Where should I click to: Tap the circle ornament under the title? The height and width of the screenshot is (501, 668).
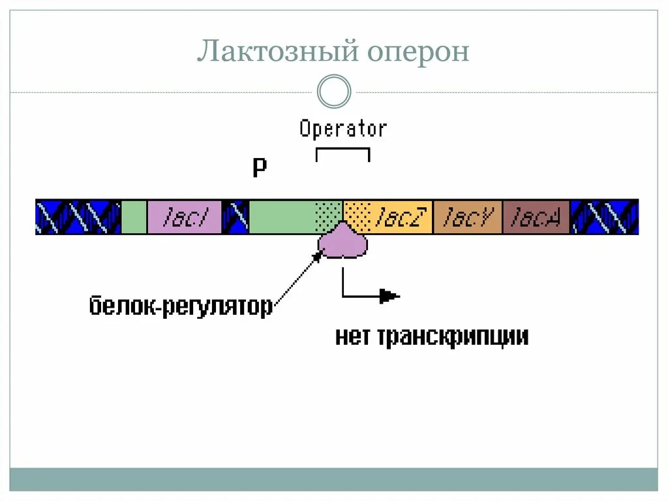[x=334, y=91]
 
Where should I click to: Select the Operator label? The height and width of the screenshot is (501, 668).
[x=343, y=129]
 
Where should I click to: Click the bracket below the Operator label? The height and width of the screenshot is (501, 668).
[x=343, y=150]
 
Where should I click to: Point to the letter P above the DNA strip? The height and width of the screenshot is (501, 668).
[x=260, y=168]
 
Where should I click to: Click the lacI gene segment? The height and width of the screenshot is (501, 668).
[x=185, y=217]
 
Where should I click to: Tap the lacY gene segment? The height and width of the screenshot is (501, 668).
[x=468, y=217]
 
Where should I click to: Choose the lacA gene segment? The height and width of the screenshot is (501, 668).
[x=536, y=217]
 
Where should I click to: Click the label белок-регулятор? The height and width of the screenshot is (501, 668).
[x=181, y=306]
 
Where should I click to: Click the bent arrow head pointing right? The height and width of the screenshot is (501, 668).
[x=390, y=296]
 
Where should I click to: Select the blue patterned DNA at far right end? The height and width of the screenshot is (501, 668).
[x=605, y=217]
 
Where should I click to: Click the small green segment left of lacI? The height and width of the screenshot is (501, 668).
[x=134, y=217]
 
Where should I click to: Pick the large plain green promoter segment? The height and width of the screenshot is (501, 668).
[x=281, y=217]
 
